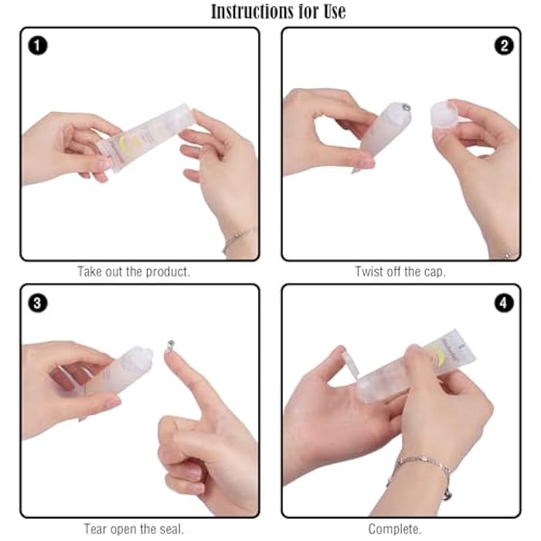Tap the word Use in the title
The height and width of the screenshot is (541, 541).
335,12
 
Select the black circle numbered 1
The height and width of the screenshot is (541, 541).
38,46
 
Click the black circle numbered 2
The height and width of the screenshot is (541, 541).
504,46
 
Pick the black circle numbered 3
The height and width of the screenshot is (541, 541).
38,303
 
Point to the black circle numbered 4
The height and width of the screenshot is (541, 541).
504,303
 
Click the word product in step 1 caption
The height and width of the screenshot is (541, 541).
168,272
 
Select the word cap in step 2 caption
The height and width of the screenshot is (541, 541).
434,273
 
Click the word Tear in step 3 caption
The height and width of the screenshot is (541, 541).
96,529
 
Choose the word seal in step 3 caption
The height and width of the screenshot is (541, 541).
172,529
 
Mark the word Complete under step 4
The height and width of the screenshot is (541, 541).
394,529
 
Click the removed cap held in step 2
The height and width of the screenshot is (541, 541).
444,116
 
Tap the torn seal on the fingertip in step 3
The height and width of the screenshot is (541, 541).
171,345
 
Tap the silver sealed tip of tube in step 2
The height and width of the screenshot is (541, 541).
406,107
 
